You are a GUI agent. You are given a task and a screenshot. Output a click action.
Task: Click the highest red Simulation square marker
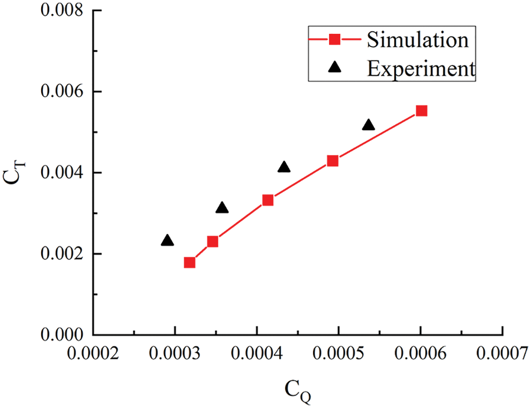[421, 111]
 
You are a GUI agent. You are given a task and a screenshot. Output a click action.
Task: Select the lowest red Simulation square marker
[189, 263]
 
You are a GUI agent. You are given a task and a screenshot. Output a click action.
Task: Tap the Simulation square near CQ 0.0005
[333, 161]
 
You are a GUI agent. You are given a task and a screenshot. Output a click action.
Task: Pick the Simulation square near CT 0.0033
[268, 200]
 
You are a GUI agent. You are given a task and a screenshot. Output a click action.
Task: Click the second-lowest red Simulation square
[213, 242]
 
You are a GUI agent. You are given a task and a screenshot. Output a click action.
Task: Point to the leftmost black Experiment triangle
[167, 241]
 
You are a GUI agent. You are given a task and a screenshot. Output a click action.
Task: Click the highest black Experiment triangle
[368, 125]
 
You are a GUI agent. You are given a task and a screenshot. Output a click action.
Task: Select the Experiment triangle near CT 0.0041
[284, 167]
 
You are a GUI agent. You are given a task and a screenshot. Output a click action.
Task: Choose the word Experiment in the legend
[421, 68]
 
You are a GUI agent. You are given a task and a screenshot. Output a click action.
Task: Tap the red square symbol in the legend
[334, 39]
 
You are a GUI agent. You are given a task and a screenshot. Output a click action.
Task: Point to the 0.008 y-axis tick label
[63, 11]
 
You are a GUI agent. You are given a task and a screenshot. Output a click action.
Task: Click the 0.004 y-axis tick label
[63, 173]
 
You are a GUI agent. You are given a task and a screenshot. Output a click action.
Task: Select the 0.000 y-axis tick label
[63, 335]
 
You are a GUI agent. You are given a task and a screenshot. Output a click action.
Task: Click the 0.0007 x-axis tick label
[502, 354]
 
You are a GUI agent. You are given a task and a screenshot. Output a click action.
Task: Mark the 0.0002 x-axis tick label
[94, 354]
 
